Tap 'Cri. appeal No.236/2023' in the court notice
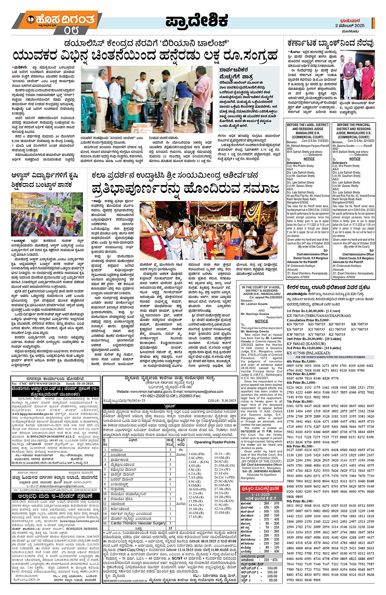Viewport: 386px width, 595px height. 266,297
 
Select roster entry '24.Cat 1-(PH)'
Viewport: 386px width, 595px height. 225,477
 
